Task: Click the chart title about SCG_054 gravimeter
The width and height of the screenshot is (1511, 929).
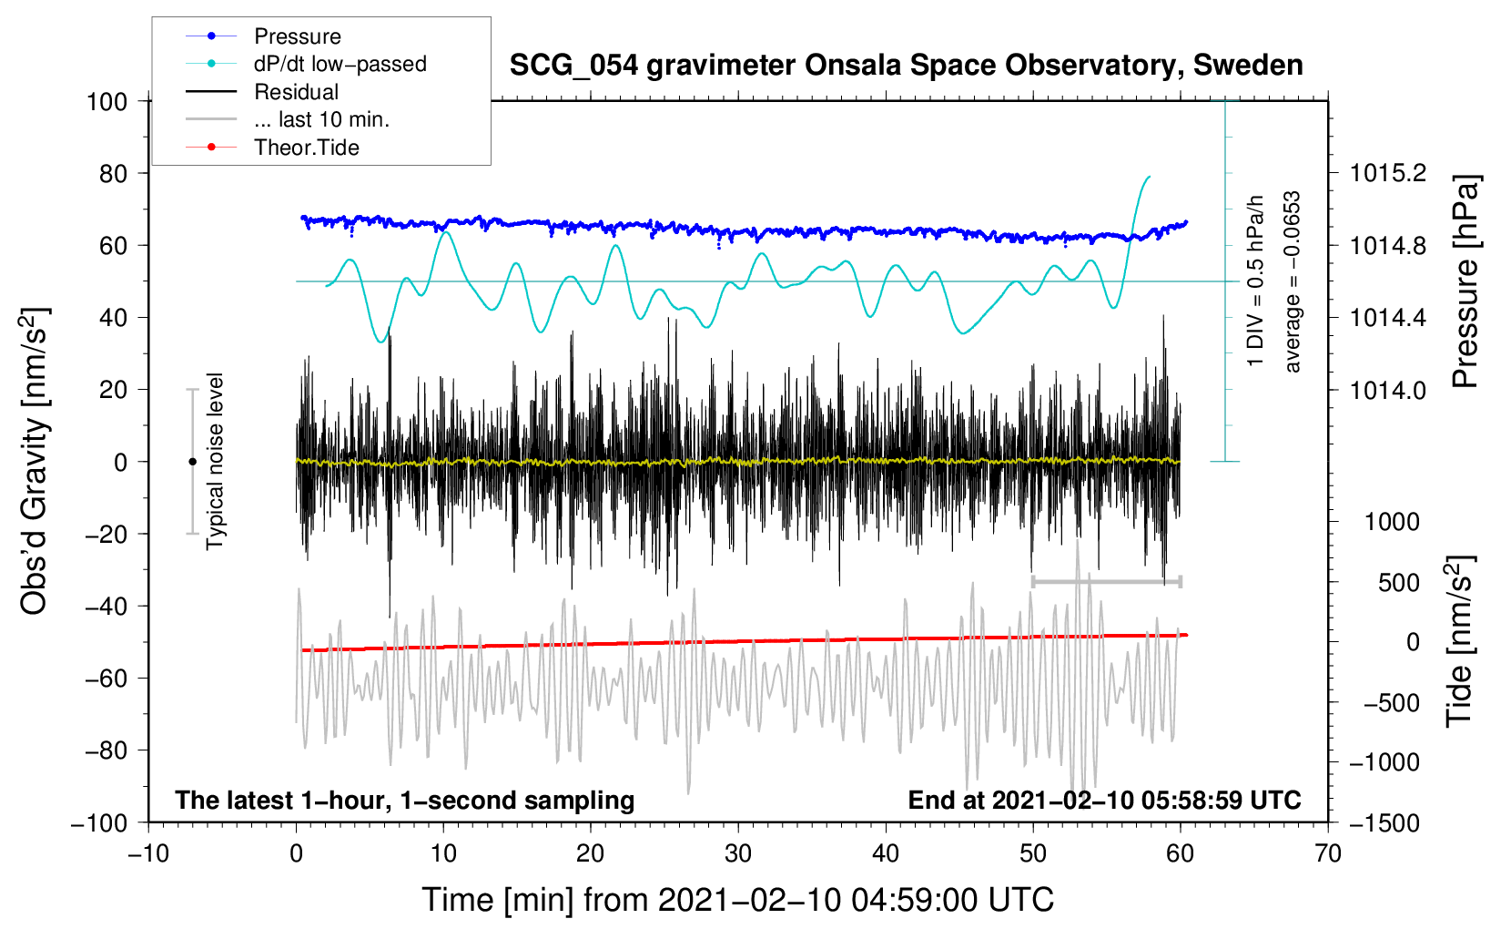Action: click(906, 66)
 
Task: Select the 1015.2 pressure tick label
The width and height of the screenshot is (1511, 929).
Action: click(1388, 173)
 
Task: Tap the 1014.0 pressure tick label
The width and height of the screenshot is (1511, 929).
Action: click(1388, 390)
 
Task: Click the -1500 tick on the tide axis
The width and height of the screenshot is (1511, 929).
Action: click(1384, 822)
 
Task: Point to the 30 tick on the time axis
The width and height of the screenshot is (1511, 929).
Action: click(738, 853)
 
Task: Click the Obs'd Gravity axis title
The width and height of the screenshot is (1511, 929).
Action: click(35, 461)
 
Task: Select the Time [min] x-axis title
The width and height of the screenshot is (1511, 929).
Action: click(737, 900)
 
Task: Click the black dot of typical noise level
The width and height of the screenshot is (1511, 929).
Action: click(192, 462)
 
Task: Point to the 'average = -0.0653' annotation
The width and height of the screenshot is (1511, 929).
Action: click(1293, 281)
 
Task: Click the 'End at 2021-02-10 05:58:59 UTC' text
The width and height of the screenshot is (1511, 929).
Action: click(1104, 800)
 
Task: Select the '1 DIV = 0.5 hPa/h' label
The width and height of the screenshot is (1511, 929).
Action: click(1256, 281)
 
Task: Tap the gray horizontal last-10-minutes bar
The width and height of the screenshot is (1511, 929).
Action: click(1106, 581)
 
